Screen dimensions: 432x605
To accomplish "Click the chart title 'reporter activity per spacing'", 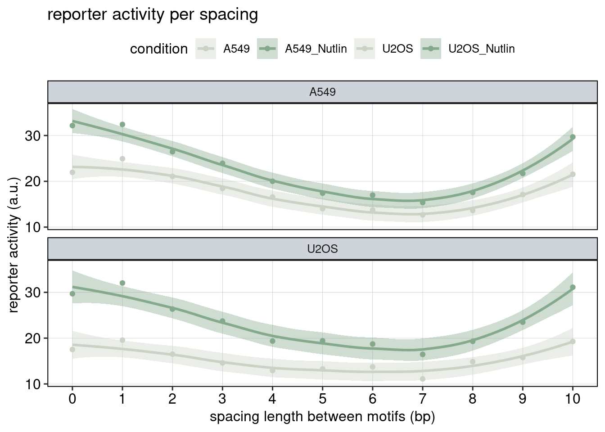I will (x=153, y=15).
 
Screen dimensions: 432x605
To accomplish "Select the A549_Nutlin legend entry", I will (x=316, y=49).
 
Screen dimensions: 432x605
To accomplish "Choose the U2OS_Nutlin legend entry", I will (x=481, y=49).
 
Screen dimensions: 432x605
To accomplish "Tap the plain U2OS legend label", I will (x=397, y=49).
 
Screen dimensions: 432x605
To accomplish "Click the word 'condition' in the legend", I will (x=159, y=49).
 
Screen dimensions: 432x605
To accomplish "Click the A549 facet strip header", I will (x=322, y=92).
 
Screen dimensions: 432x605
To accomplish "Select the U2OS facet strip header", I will (x=322, y=249).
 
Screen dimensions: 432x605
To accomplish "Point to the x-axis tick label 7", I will (x=422, y=399).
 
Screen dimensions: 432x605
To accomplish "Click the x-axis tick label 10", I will (x=572, y=399).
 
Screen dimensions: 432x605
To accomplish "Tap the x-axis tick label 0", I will (x=72, y=399).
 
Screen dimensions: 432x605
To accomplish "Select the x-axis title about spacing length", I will (x=322, y=417).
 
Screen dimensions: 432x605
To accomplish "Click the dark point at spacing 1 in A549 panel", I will (x=122, y=125).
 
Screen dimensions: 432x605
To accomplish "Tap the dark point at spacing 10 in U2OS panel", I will (x=573, y=287).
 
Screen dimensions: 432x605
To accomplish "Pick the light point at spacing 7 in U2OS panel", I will (x=423, y=379).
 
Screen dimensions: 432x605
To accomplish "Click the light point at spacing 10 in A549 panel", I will (x=573, y=174).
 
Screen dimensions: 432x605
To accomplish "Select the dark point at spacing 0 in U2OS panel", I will (x=72, y=294).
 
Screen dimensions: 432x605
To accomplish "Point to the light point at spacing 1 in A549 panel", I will (x=122, y=159).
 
